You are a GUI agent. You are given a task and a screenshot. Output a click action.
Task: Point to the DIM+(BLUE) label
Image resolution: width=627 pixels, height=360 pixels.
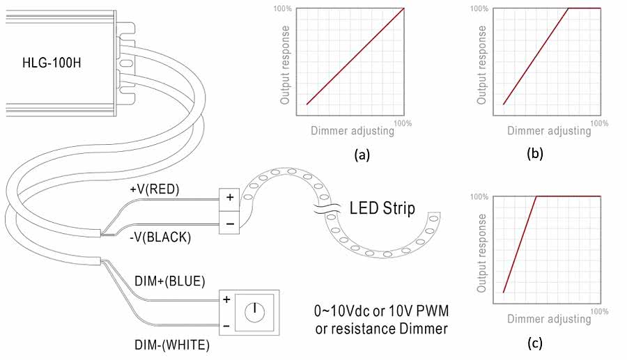click(x=169, y=281)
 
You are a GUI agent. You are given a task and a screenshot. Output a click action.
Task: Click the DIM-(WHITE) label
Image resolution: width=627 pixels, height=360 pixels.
click(x=170, y=344)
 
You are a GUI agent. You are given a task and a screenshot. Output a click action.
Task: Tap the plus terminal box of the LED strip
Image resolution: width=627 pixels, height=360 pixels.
click(x=230, y=198)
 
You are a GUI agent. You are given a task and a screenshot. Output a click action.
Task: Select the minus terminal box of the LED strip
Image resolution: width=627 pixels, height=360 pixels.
click(x=230, y=223)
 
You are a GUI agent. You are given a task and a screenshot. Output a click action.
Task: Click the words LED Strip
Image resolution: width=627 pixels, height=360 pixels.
click(x=382, y=208)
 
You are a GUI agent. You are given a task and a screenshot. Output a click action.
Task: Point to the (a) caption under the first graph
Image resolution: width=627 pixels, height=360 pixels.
click(x=362, y=155)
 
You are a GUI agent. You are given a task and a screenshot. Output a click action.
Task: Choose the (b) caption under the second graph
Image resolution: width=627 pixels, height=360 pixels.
click(x=534, y=155)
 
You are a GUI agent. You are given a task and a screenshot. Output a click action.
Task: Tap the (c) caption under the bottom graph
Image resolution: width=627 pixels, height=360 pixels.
click(x=534, y=343)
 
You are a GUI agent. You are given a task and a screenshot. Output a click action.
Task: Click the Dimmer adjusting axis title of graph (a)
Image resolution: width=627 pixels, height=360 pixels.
click(x=353, y=131)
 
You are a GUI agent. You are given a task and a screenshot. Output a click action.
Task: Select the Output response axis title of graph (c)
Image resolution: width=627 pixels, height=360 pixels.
click(x=481, y=251)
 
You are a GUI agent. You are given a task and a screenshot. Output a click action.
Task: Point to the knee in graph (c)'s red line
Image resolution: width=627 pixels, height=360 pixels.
click(x=536, y=196)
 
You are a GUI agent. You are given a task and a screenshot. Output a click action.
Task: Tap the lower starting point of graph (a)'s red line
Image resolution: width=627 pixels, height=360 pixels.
click(x=307, y=104)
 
